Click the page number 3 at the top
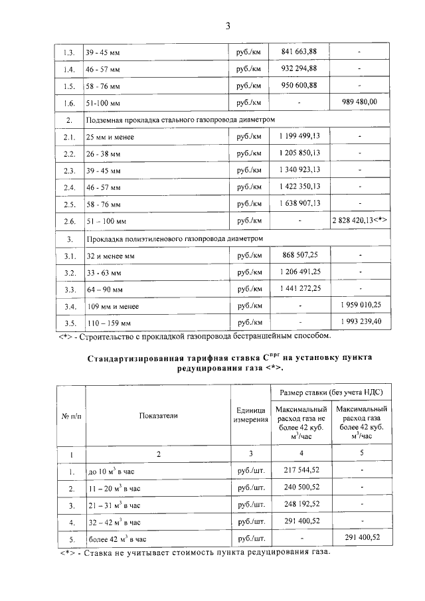pyautogui.click(x=227, y=27)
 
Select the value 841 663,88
pyautogui.click(x=299, y=51)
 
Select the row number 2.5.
pyautogui.click(x=68, y=203)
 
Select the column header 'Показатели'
pyautogui.click(x=158, y=415)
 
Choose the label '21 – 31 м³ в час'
pyautogui.click(x=116, y=505)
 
